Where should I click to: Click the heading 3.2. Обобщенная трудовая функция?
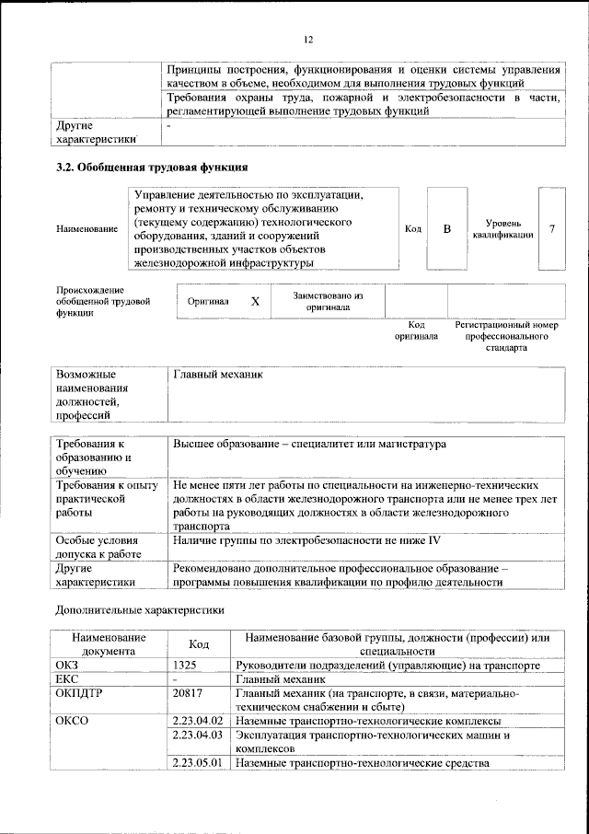pos(150,168)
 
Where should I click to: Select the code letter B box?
pos(447,228)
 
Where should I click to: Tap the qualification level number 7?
pos(551,228)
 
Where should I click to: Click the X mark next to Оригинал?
pos(256,302)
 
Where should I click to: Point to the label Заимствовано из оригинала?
pos(328,302)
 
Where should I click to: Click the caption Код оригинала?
pos(416,330)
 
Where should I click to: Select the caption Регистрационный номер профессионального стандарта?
pos(506,337)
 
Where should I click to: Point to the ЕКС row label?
pos(68,678)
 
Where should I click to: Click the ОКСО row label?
pos(72,721)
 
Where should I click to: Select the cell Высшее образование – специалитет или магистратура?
pos(308,445)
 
